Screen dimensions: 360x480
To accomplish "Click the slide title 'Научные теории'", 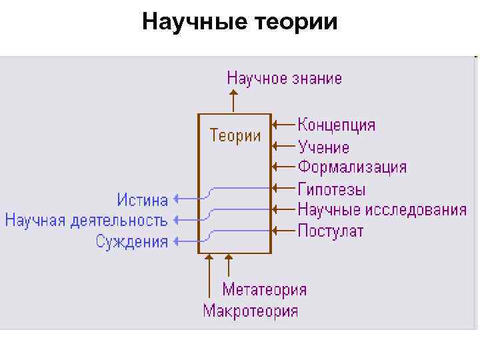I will coord(240,23).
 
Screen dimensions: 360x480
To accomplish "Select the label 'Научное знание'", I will coord(285,78).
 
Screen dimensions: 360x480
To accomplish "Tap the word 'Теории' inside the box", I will coord(235,135).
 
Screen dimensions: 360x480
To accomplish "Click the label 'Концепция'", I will coord(337,125).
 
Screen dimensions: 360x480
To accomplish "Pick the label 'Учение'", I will coord(323,146).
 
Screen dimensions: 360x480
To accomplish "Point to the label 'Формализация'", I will coord(352,167).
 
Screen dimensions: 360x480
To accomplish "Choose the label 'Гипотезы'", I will coord(331,189).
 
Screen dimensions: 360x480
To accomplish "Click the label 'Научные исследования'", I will coord(382,209).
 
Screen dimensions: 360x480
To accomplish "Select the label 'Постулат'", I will coord(331,231).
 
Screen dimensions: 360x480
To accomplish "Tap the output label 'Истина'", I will coord(143,199).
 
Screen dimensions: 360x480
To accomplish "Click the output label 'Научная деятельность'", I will coord(86,219).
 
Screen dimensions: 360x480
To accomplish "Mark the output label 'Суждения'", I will coord(132,241).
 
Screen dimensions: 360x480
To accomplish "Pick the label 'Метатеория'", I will coord(265,289).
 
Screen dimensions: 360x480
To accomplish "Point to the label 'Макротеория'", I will coord(251,311).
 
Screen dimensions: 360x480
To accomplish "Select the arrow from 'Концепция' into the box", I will coord(284,124).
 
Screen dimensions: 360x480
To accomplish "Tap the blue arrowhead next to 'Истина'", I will coord(176,198).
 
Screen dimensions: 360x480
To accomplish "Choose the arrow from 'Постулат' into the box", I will coord(284,231).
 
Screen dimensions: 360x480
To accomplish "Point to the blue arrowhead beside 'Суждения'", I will coord(176,241).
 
